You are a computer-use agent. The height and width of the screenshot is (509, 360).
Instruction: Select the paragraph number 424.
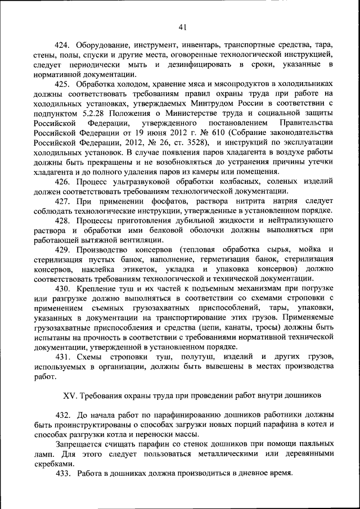click(63, 44)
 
